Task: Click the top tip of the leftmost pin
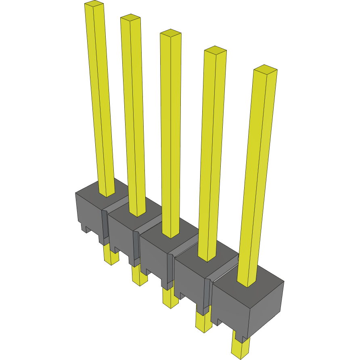click(x=94, y=4)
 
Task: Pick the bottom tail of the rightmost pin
click(x=240, y=348)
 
